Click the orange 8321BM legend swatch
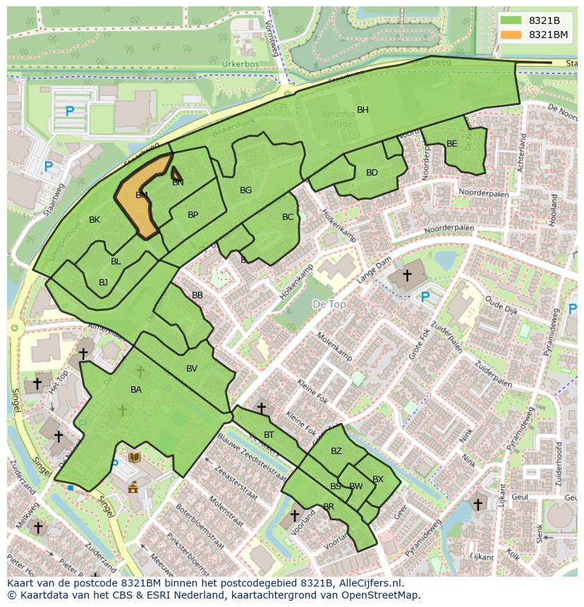tap(513, 35)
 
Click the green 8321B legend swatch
tap(513, 20)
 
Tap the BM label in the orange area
tap(142, 195)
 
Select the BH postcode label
tap(363, 110)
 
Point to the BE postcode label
tap(451, 144)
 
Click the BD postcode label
tap(372, 173)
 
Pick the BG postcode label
tap(245, 190)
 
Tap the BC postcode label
tap(288, 217)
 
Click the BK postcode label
tap(95, 220)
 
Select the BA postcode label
tap(136, 390)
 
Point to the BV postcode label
tap(192, 369)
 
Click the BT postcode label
tap(269, 435)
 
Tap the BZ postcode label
tap(336, 451)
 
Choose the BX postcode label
tap(378, 479)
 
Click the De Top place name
tap(329, 304)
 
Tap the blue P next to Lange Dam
tap(425, 298)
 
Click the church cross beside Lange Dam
tap(407, 274)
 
